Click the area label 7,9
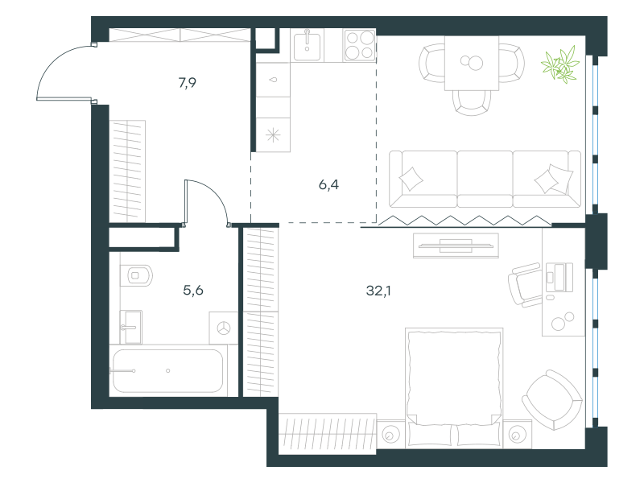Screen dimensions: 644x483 pos(188,83)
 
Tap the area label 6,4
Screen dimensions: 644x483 pos(328,185)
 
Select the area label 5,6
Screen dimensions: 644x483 pos(193,291)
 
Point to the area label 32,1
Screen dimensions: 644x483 pos(378,291)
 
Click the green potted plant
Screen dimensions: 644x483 pos(560,64)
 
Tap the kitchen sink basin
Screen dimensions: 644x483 pos(308,45)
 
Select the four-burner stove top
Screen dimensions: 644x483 pos(360,45)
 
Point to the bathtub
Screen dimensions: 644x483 pos(167,371)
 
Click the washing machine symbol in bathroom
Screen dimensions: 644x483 pos(224,328)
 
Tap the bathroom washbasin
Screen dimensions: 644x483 pos(131,328)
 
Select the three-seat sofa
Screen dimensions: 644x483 pos(485,179)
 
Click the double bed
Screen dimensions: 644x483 pos(454,388)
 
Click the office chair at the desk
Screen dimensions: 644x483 pos(525,285)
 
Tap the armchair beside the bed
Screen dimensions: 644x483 pos(552,399)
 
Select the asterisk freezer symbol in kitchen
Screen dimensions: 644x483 pos(273,134)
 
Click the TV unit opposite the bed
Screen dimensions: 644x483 pos(456,246)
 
